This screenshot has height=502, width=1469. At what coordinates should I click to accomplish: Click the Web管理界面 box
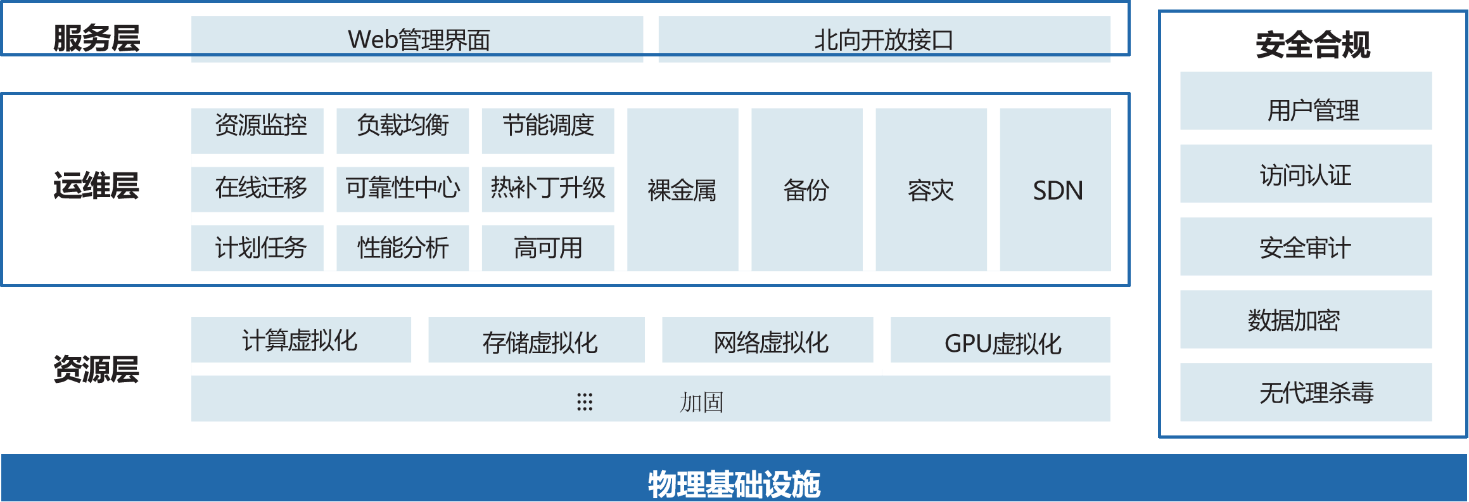pyautogui.click(x=417, y=39)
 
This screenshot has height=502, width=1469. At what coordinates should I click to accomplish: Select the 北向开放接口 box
pyautogui.click(x=884, y=39)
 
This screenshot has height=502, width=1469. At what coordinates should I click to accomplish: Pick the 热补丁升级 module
pyautogui.click(x=547, y=188)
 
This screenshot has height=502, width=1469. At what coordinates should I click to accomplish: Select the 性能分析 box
pyautogui.click(x=402, y=247)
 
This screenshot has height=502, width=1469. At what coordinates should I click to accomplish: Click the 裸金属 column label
pyautogui.click(x=682, y=190)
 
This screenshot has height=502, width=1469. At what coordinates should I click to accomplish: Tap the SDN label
pyautogui.click(x=1057, y=190)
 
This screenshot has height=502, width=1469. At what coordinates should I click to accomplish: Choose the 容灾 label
pyautogui.click(x=931, y=190)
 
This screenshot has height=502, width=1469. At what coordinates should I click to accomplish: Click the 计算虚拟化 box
pyautogui.click(x=301, y=340)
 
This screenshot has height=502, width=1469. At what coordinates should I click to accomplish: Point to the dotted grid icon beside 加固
pyautogui.click(x=585, y=402)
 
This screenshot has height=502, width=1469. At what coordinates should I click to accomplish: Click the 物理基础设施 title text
pyautogui.click(x=734, y=484)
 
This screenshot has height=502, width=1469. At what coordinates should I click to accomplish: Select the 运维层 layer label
pyautogui.click(x=96, y=186)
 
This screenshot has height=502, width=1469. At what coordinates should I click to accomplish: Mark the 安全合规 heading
pyautogui.click(x=1313, y=44)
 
